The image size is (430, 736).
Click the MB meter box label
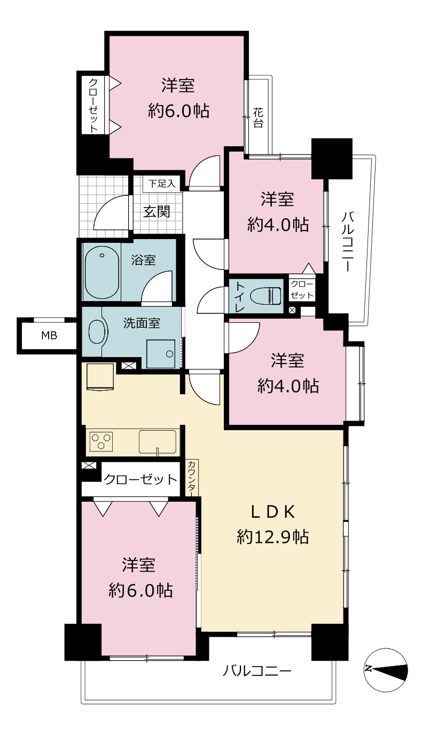(49, 336)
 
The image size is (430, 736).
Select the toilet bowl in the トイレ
(265, 296)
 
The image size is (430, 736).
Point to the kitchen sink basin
(158, 442)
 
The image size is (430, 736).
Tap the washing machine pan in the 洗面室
(161, 354)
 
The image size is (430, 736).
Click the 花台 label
(258, 118)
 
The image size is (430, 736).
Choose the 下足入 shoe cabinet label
(162, 184)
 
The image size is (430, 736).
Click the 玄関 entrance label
(157, 211)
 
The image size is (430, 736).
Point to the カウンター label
(192, 478)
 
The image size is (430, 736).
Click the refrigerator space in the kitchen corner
(100, 376)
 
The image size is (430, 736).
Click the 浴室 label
(143, 260)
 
